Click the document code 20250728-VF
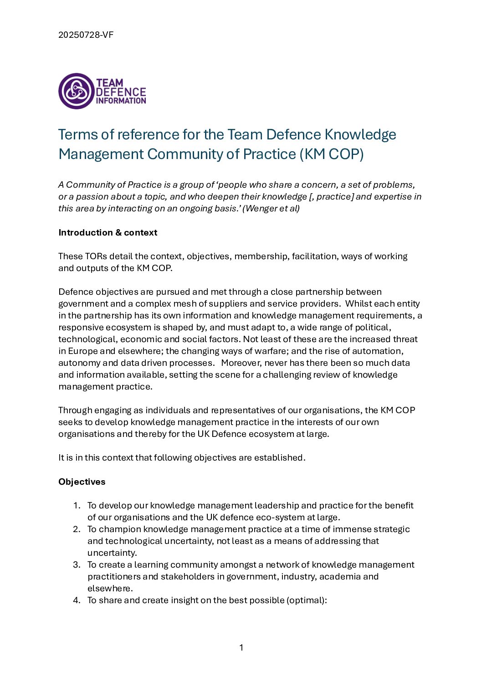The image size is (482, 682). tap(86, 35)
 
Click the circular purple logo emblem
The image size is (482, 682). tap(76, 91)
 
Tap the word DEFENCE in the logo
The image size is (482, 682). tap(121, 92)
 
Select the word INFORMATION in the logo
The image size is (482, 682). tap(121, 101)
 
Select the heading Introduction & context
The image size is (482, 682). tap(108, 233)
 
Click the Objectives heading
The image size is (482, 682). tap(82, 482)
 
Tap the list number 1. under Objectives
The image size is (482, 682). tap(77, 506)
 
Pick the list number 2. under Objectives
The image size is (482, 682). tap(77, 529)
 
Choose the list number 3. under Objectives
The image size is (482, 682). tap(77, 565)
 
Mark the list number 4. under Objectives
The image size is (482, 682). tap(77, 600)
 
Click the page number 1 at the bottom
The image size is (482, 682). tap(241, 648)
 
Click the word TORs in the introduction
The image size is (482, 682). tap(95, 256)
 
